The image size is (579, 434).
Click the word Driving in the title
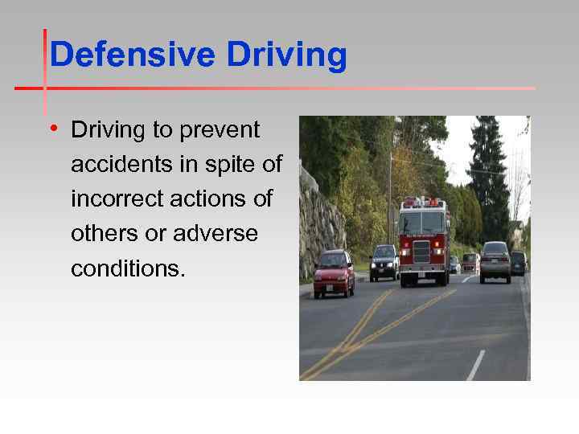coord(286,56)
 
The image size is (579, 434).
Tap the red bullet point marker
coord(53,129)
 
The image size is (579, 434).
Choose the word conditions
coord(127,268)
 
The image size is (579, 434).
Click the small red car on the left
coord(333,273)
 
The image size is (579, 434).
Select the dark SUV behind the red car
coord(384,261)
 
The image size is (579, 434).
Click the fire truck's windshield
coord(424,223)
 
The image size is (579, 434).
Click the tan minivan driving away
coord(495,261)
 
